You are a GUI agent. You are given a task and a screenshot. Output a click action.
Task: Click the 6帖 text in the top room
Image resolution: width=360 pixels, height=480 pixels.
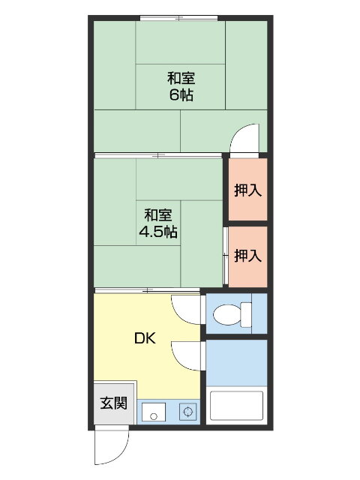tap(180, 95)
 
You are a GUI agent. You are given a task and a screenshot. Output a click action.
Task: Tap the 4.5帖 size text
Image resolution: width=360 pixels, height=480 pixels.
tap(157, 232)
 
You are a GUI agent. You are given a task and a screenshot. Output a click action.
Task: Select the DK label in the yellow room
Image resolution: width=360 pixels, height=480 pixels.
tap(145, 338)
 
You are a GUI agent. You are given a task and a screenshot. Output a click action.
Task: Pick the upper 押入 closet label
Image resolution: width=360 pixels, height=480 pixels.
tap(247, 190)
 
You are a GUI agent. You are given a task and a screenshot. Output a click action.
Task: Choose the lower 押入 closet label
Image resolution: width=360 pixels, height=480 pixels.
tap(247, 256)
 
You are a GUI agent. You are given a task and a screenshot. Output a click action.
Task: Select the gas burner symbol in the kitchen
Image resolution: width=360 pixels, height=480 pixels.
tap(187, 411)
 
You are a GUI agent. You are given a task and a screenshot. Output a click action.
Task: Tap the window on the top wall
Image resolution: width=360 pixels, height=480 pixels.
tap(178, 17)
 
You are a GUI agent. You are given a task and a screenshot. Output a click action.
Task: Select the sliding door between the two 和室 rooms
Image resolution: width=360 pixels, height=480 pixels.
tap(157, 155)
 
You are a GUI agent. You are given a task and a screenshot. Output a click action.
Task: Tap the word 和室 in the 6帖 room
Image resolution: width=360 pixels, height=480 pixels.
tap(180, 78)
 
